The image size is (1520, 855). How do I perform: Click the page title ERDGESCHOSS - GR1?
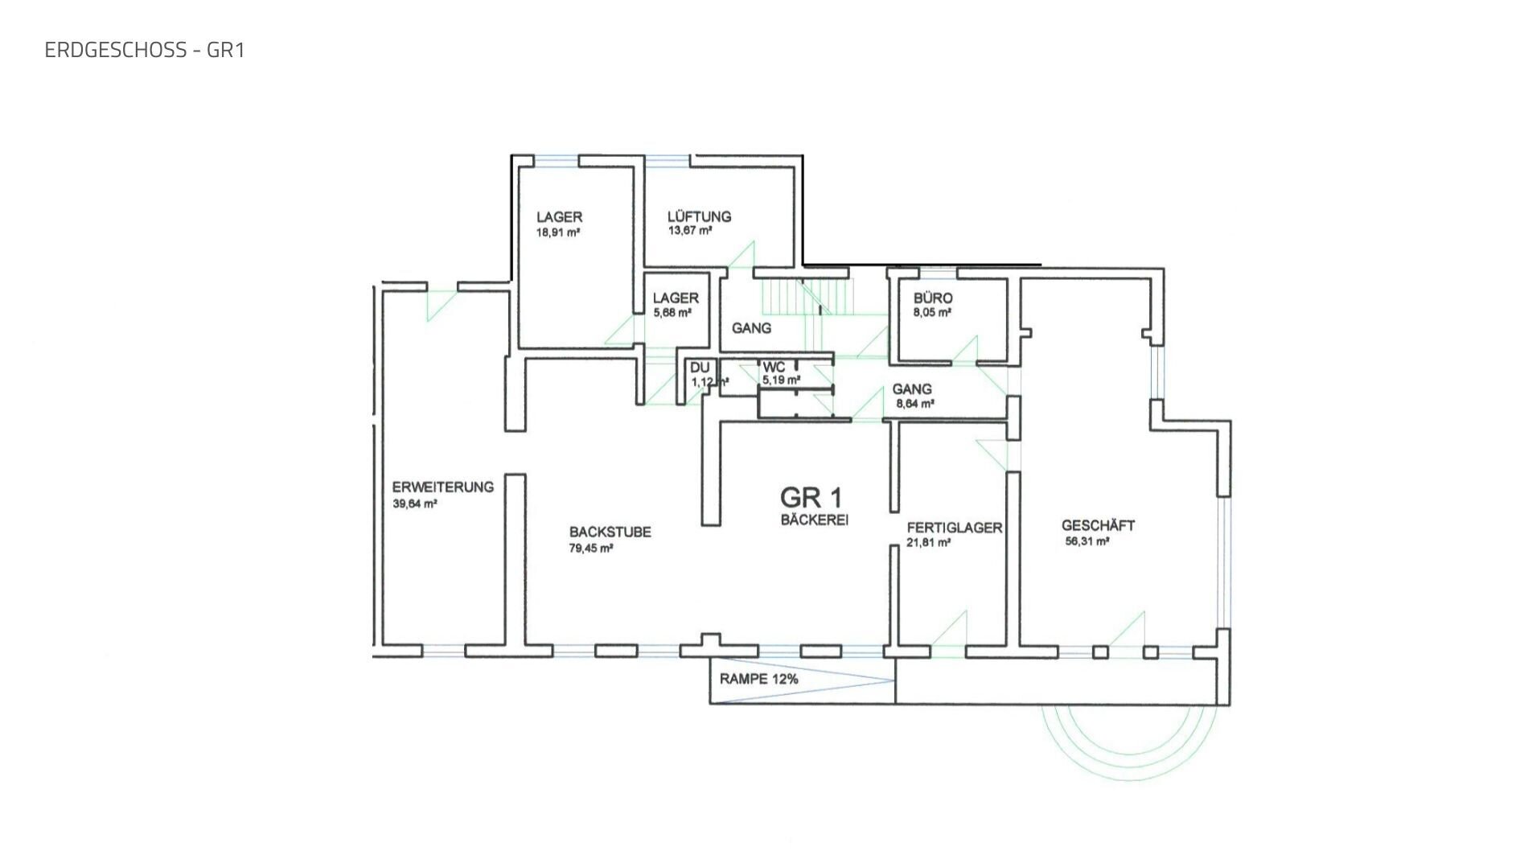(145, 50)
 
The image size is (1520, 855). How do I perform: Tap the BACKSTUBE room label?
(610, 532)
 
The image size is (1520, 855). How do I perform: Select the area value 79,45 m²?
(591, 549)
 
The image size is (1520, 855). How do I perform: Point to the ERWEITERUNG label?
(442, 487)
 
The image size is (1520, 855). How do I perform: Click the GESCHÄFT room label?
(1098, 525)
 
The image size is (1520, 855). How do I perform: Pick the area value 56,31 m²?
(1087, 541)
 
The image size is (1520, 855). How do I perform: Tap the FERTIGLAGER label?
(954, 528)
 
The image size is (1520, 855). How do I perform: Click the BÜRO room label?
(933, 298)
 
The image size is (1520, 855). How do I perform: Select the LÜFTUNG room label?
(699, 216)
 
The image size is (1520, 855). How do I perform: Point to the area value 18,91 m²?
(558, 232)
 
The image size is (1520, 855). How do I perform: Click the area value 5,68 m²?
(672, 313)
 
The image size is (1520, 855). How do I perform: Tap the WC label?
(774, 367)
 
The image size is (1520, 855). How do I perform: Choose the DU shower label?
(700, 368)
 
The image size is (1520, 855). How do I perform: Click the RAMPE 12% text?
(758, 679)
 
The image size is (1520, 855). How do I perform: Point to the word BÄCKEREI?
(814, 520)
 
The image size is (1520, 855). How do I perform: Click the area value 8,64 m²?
(914, 404)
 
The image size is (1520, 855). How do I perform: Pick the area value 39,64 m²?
(414, 504)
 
